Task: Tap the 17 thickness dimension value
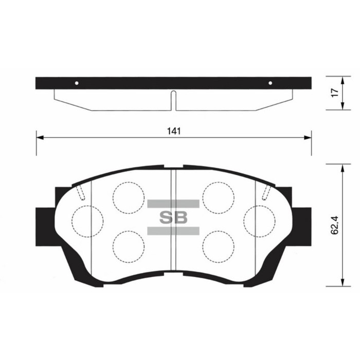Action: point(334,93)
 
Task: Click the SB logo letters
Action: point(173,217)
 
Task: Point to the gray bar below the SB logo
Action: point(173,230)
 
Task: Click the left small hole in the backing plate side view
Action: point(77,83)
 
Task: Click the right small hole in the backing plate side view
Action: point(271,83)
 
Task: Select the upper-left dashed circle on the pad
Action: point(128,197)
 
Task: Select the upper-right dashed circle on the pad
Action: point(218,197)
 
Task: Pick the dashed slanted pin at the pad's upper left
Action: point(81,192)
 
